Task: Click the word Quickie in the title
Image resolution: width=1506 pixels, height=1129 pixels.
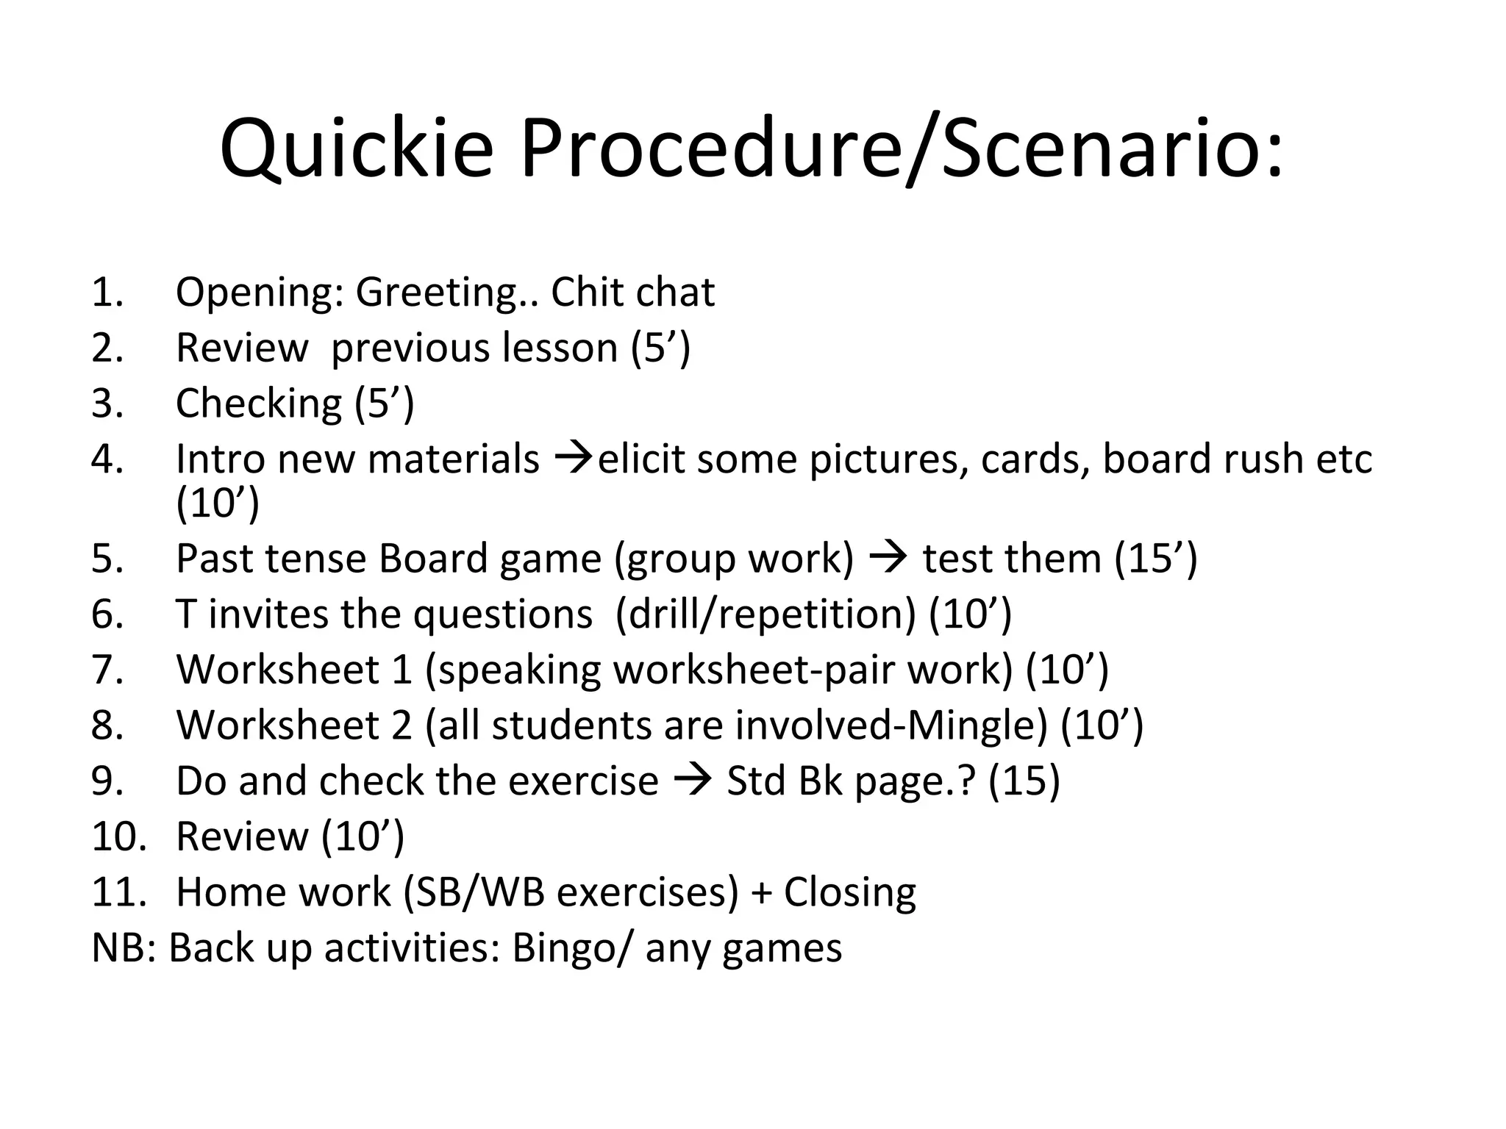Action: pyautogui.click(x=356, y=149)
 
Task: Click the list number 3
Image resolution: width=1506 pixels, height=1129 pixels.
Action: pyautogui.click(x=107, y=404)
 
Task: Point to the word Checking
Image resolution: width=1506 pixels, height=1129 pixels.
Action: pyautogui.click(x=259, y=404)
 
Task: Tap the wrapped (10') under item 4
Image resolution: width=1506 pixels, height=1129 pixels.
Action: pyautogui.click(x=218, y=503)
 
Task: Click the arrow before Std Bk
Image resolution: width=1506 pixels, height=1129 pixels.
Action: pyautogui.click(x=692, y=780)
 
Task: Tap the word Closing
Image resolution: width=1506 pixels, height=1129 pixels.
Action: pyautogui.click(x=850, y=892)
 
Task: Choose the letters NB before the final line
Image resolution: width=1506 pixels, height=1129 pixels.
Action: pyautogui.click(x=118, y=948)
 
